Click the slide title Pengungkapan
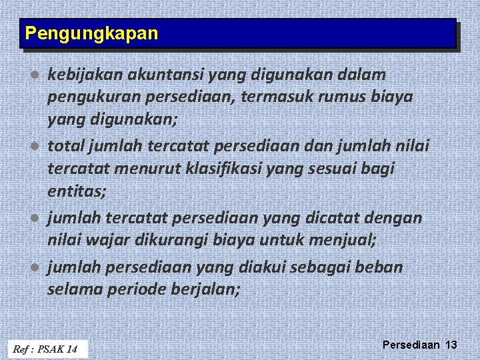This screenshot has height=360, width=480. pyautogui.click(x=91, y=33)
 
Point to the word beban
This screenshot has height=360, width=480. pyautogui.click(x=380, y=267)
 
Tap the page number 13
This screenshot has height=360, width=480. pyautogui.click(x=451, y=345)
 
